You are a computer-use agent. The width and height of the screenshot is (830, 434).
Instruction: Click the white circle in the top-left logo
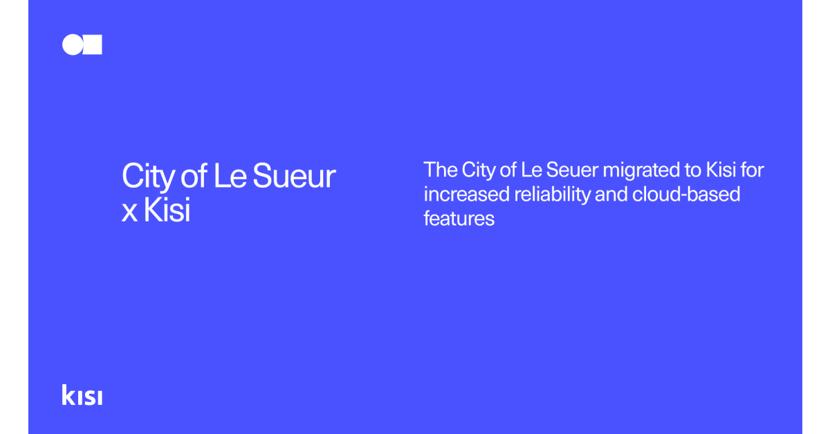[x=72, y=44]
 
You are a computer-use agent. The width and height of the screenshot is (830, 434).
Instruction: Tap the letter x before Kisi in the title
[x=129, y=213]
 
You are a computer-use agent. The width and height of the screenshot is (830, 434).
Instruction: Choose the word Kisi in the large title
[x=167, y=211]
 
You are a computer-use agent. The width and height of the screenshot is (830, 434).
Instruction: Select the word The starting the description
[x=440, y=170]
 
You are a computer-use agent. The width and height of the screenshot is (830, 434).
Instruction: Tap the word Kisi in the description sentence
[x=717, y=170]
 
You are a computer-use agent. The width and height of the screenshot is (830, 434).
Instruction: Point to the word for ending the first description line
[x=752, y=170]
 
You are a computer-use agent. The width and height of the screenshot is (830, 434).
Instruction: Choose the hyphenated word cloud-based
[x=686, y=195]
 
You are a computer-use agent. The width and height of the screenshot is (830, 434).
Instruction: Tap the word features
[x=459, y=219]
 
